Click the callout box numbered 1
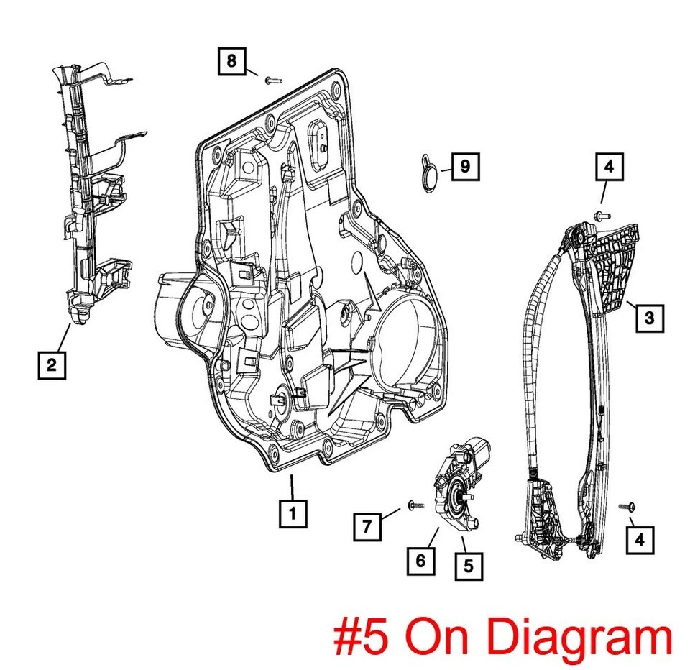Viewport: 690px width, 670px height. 293,513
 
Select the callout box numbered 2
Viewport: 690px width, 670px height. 51,365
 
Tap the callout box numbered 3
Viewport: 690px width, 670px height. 649,317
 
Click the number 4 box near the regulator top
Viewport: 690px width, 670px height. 609,168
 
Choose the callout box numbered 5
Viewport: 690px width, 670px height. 468,565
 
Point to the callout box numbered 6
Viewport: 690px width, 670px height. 420,561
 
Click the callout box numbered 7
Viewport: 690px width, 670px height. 367,528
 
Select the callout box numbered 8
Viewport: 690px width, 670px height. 231,61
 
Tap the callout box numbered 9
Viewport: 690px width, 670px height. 465,167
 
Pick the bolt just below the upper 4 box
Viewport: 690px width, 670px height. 602,214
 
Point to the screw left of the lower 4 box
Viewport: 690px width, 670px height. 625,508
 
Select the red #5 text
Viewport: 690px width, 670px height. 364,637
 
